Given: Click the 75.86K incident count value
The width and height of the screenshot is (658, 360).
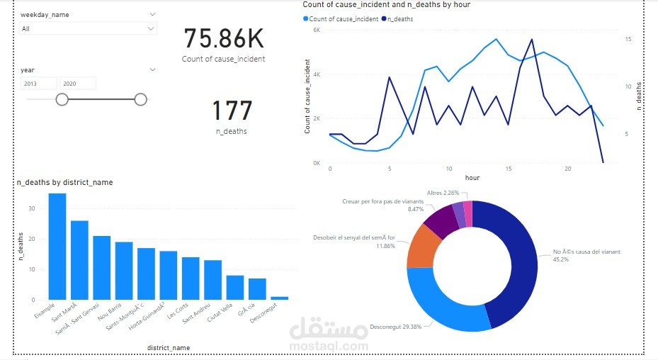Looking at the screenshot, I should point(223,38).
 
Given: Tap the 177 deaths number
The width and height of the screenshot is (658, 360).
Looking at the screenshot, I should point(232,111).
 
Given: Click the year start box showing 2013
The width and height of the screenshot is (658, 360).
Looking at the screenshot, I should point(39,84).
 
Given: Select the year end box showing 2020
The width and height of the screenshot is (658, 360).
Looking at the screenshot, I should point(77,84).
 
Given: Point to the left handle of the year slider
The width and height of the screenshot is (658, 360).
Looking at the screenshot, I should point(62,99).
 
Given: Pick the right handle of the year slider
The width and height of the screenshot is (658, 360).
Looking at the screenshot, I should point(140,99).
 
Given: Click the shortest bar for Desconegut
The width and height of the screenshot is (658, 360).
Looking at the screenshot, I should point(260,298).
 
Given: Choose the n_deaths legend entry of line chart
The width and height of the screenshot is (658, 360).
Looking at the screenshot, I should point(399,18).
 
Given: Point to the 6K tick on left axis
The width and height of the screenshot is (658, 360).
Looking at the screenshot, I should point(316,30).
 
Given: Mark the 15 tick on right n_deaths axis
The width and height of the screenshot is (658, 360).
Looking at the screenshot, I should point(618,40).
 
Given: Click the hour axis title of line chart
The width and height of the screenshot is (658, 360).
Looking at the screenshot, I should point(472,177).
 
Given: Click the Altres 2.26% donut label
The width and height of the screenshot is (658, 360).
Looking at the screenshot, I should point(443,192).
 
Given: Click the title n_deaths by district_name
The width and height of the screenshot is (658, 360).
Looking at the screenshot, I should point(64,182).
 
